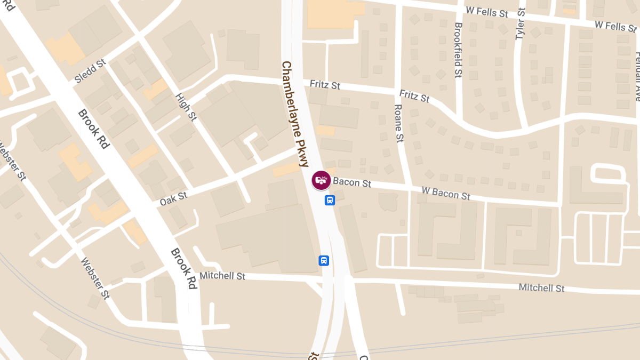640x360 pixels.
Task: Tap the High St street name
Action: tap(186, 107)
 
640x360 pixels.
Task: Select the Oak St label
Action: tap(173, 199)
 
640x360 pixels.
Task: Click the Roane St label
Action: tap(398, 123)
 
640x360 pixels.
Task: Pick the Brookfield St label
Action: tap(458, 50)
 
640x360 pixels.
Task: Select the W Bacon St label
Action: tap(446, 193)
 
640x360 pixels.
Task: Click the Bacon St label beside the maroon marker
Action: tap(352, 183)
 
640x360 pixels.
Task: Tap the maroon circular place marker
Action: tap(321, 180)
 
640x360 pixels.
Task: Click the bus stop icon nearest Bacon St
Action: tap(330, 201)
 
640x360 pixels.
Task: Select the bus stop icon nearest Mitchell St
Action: tap(324, 260)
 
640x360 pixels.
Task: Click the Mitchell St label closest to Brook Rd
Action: tap(222, 276)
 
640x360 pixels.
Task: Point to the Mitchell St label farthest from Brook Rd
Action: tap(541, 288)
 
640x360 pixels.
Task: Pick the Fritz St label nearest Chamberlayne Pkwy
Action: tap(325, 85)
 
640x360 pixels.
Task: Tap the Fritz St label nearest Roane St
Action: tap(414, 97)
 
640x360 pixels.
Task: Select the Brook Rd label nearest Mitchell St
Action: tap(184, 269)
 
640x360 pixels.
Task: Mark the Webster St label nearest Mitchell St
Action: tap(95, 278)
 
